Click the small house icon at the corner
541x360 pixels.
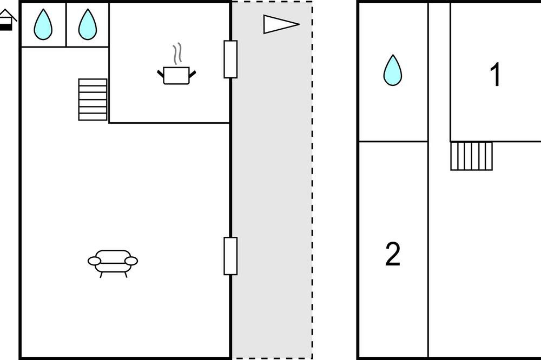[x=7, y=20]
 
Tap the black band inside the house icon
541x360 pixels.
[x=5, y=27]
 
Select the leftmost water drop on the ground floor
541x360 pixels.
[x=43, y=24]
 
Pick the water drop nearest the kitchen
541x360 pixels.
[x=88, y=24]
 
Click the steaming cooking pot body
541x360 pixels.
[x=176, y=76]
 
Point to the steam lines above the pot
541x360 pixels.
[x=177, y=54]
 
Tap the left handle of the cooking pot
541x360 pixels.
[x=161, y=74]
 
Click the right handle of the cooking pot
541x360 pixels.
[x=192, y=74]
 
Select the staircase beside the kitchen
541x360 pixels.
[x=93, y=99]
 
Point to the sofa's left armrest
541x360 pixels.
[x=95, y=261]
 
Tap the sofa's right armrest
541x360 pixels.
[x=131, y=261]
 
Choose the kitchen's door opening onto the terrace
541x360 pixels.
[x=230, y=59]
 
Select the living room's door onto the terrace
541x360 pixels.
[x=230, y=256]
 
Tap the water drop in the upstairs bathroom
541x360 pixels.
[x=393, y=70]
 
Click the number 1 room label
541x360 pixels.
[x=496, y=75]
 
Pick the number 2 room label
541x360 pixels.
[x=393, y=254]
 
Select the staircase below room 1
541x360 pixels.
[x=471, y=156]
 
